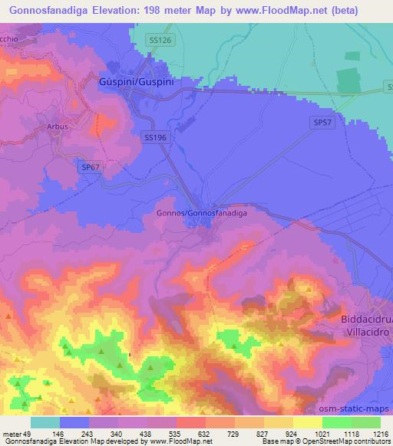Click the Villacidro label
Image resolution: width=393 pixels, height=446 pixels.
[366, 334]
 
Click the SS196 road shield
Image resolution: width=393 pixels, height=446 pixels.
[155, 136]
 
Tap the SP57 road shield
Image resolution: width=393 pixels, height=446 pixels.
[322, 122]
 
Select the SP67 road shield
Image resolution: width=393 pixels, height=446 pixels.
[91, 166]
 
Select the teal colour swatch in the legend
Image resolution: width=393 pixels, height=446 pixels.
[45, 422]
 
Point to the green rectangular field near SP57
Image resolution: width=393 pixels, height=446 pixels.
[349, 83]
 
